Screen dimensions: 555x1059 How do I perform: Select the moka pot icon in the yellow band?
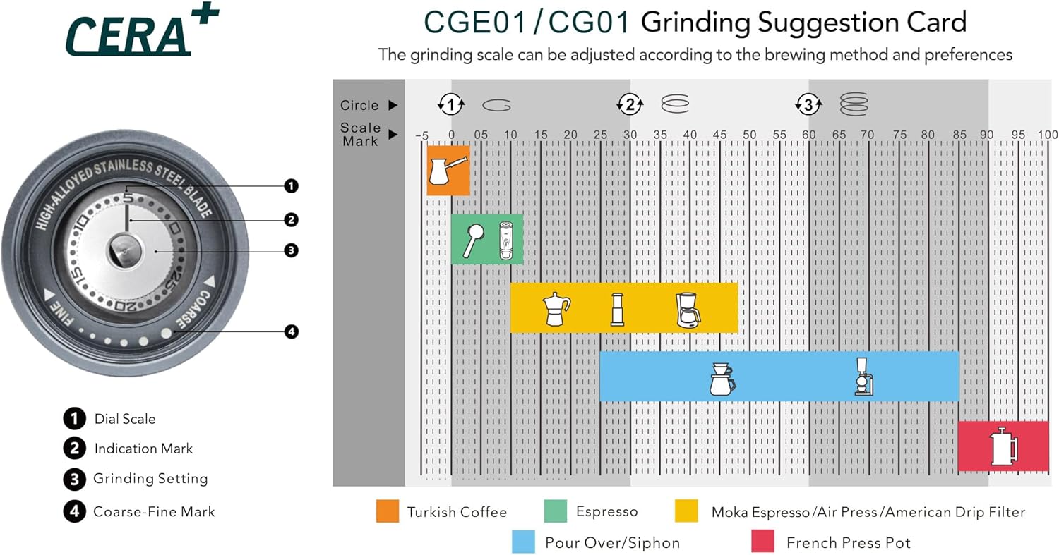[x=556, y=308]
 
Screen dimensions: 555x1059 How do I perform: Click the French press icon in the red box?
[x=1003, y=446]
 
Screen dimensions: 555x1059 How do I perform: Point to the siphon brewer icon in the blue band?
[x=863, y=377]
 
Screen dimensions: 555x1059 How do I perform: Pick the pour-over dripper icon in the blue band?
[x=722, y=379]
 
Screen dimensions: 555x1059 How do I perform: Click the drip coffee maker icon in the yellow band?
[x=688, y=310]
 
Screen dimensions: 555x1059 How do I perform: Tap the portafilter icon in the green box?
[x=472, y=240]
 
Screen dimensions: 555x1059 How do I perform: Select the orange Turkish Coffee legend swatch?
[x=388, y=511]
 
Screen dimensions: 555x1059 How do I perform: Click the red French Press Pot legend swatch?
[x=765, y=542]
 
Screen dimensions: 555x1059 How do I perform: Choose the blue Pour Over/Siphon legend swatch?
[x=524, y=542]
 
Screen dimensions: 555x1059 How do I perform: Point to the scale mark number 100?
[x=1048, y=135]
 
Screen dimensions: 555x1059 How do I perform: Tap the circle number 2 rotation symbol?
[x=630, y=105]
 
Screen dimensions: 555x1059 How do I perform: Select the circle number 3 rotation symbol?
[x=808, y=105]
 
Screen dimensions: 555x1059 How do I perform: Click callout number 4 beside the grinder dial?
[x=291, y=331]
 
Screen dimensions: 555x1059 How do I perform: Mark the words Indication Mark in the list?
[x=143, y=449]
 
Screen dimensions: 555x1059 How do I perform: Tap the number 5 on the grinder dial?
[x=128, y=198]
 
